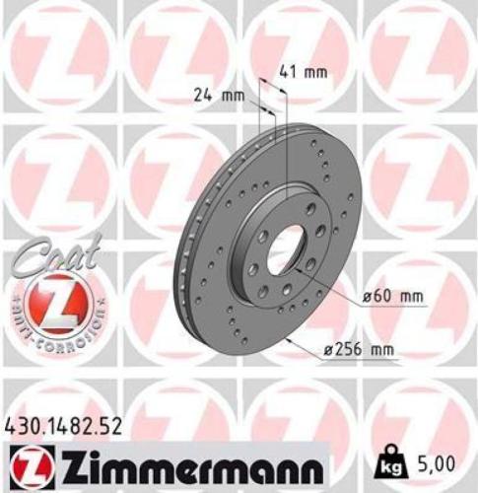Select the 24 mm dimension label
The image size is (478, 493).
click(x=218, y=96)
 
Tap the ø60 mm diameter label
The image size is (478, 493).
click(x=393, y=296)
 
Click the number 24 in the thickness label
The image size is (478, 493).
click(x=204, y=96)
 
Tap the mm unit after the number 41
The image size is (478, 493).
click(x=313, y=71)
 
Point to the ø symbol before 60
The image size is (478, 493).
click(x=369, y=296)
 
